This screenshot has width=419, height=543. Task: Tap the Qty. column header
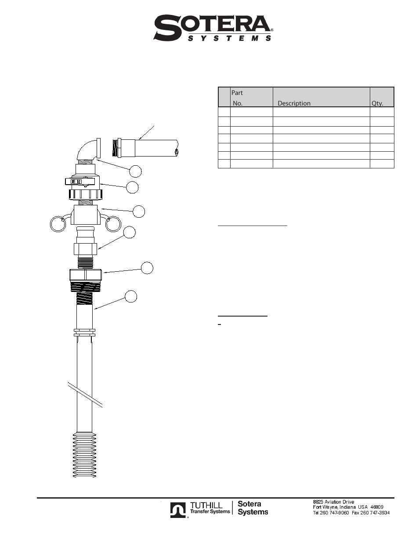[377, 103]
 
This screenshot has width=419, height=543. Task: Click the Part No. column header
[238, 98]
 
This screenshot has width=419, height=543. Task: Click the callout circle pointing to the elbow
[136, 171]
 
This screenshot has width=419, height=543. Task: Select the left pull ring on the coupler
[58, 224]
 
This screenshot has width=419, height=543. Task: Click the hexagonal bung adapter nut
[86, 275]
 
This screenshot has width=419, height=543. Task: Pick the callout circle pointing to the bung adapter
[147, 268]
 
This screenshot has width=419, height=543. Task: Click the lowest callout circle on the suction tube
[131, 296]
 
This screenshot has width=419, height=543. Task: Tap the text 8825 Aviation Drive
[333, 502]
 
